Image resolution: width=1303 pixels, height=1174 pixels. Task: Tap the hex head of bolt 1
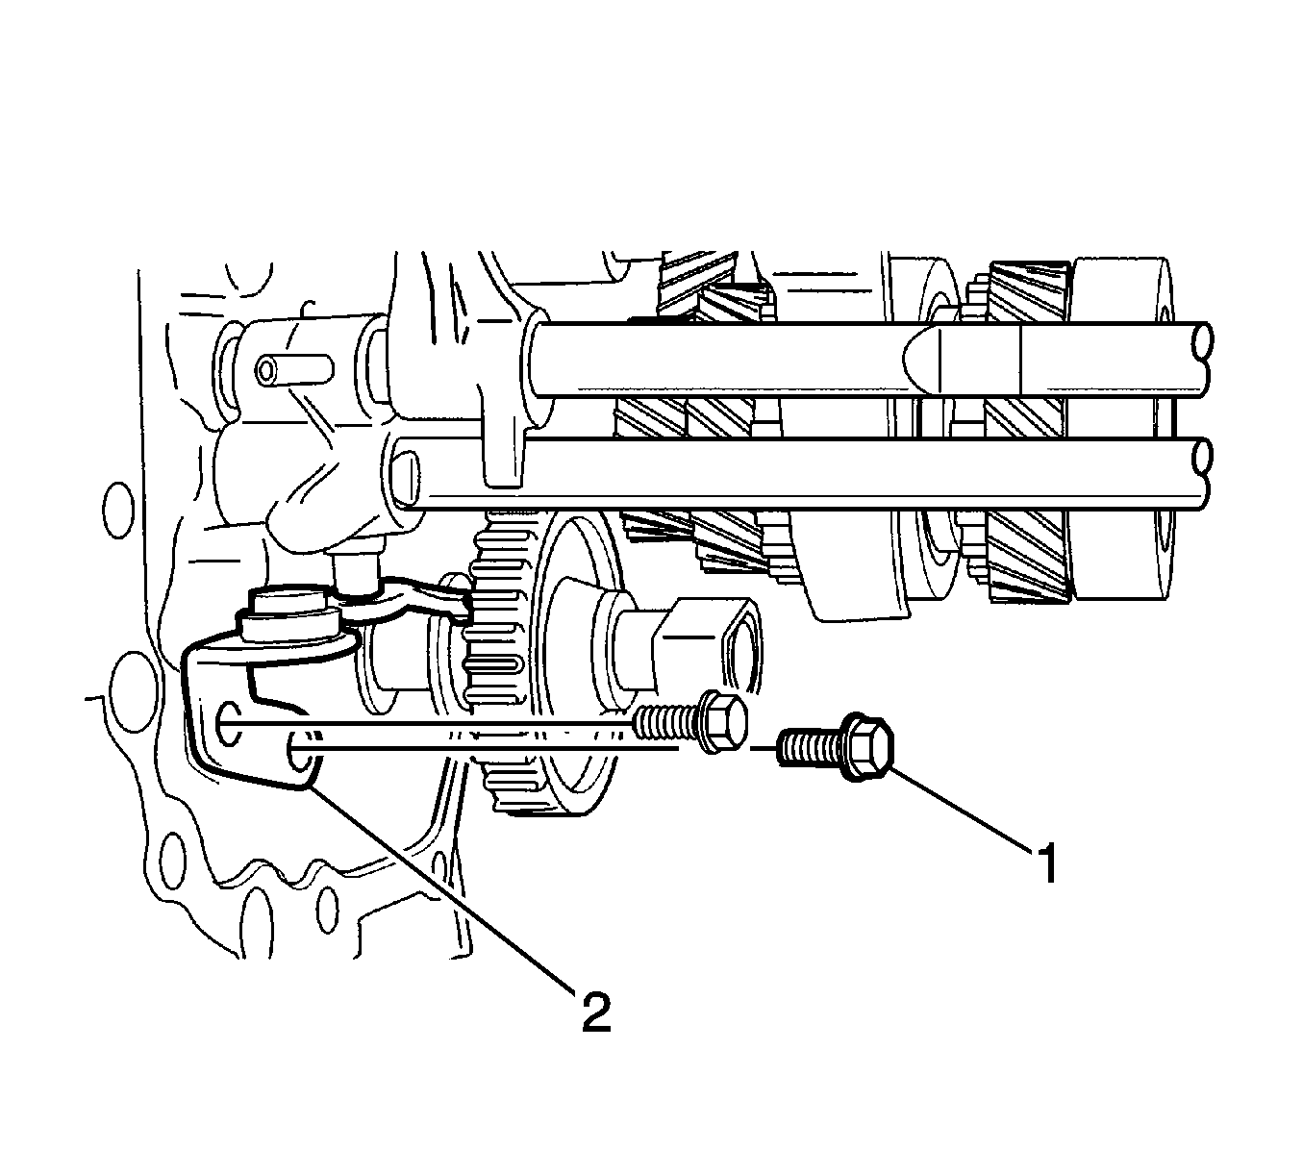point(866,746)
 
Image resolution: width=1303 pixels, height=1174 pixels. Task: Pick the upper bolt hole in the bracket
point(225,723)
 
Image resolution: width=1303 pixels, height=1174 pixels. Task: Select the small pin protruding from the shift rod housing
point(295,369)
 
